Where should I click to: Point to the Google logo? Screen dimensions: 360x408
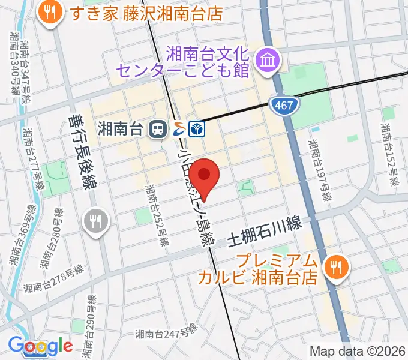tap(41, 346)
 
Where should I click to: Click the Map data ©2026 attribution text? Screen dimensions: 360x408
tap(357, 351)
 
